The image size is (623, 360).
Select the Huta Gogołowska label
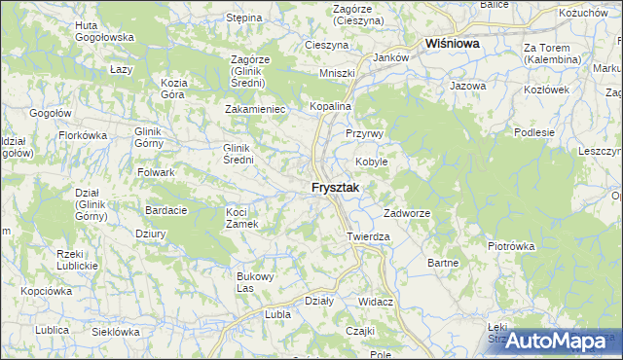pyautogui.click(x=103, y=32)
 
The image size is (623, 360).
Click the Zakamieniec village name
pyautogui.click(x=254, y=109)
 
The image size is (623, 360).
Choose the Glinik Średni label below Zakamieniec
pyautogui.click(x=238, y=153)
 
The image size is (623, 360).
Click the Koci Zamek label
pyautogui.click(x=241, y=218)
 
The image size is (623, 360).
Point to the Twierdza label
pyautogui.click(x=368, y=236)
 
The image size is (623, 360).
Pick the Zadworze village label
pyautogui.click(x=407, y=212)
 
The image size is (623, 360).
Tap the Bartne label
pyautogui.click(x=443, y=263)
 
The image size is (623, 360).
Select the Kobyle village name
pyautogui.click(x=371, y=162)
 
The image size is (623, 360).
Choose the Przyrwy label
pyautogui.click(x=366, y=133)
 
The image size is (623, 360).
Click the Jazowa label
pyautogui.click(x=467, y=87)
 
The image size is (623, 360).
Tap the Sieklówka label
pyautogui.click(x=116, y=332)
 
